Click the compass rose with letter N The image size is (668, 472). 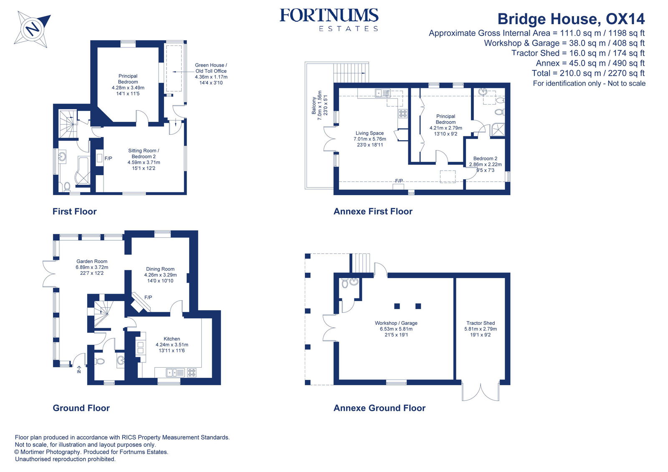tap(32, 29)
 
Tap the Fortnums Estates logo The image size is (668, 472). tap(329, 20)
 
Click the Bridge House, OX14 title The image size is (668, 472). tap(571, 19)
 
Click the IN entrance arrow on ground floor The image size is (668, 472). tap(79, 369)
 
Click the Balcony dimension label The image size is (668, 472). tap(319, 105)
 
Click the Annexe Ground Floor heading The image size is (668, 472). tap(379, 408)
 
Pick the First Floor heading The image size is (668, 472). tap(74, 211)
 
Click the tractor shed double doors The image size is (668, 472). tap(481, 392)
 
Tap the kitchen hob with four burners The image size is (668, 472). tap(192, 372)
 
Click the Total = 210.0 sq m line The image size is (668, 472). tap(588, 73)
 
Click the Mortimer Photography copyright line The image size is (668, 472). tap(91, 452)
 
